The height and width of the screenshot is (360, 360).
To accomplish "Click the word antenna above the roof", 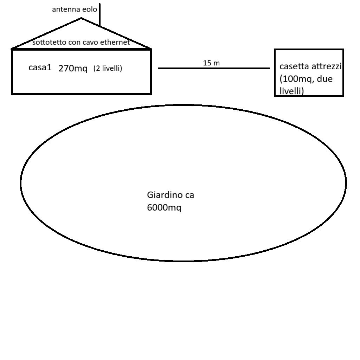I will pos(66,9).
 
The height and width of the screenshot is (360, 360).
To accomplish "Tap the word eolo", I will pos(90,9).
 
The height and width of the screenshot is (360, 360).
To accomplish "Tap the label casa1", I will pos(40,67).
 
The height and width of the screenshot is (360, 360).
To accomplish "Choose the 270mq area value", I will pos(73,69).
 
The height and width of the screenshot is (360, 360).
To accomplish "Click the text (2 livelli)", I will pos(108,69).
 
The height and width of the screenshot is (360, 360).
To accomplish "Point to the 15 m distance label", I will pos(211,63).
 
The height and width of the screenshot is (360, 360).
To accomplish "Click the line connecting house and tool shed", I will pos(214,69).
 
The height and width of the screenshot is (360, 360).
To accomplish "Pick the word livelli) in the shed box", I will pos(291,91).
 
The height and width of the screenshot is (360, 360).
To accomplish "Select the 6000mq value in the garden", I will pos(164,208).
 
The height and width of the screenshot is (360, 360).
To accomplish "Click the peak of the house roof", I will pos(82,19).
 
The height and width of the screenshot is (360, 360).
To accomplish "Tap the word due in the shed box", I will pos(324,79).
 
